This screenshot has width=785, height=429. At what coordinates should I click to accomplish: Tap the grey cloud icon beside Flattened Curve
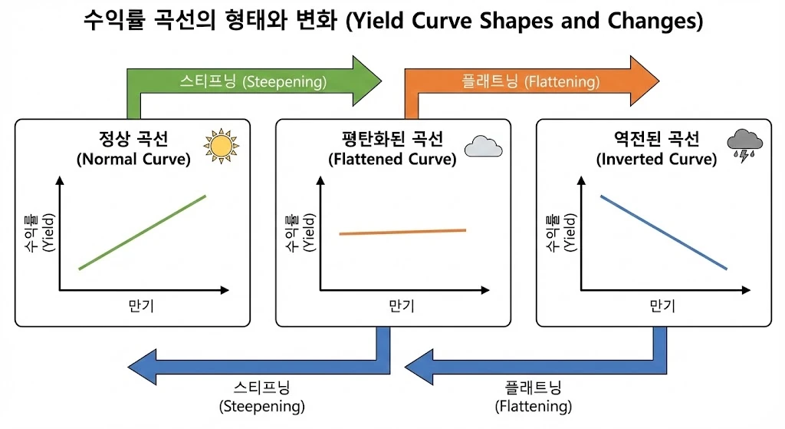pyautogui.click(x=482, y=145)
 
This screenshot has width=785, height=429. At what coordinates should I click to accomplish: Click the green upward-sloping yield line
pyautogui.click(x=143, y=232)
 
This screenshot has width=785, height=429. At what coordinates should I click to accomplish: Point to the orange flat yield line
pyautogui.click(x=403, y=232)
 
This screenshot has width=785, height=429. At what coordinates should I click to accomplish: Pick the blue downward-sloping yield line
pyautogui.click(x=664, y=232)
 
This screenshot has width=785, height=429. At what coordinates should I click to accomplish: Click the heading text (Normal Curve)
pyautogui.click(x=133, y=160)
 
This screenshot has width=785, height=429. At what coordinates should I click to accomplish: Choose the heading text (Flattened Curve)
pyautogui.click(x=392, y=160)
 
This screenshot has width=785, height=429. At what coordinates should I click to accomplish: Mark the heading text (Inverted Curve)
pyautogui.click(x=656, y=160)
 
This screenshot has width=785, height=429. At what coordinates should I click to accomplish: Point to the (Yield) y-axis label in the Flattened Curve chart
pyautogui.click(x=308, y=233)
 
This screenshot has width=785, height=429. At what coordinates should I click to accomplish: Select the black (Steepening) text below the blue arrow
pyautogui.click(x=262, y=405)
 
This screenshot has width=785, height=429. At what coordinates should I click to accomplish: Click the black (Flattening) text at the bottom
pyautogui.click(x=534, y=405)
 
